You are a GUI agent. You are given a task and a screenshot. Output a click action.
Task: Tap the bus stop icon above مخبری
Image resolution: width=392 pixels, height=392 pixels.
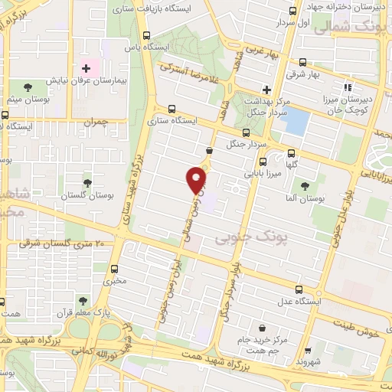point(115,269)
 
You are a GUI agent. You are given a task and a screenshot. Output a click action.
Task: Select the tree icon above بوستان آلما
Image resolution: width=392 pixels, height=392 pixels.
point(305,186)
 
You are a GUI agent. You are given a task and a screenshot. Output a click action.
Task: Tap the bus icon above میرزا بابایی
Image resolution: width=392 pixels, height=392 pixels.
point(263,162)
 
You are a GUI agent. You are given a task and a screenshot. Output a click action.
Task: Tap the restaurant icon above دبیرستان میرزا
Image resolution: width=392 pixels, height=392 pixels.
point(348,88)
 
